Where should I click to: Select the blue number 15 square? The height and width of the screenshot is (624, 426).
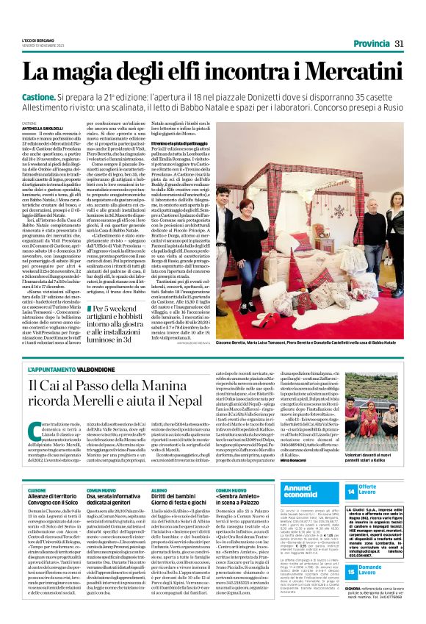pos(350,570)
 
